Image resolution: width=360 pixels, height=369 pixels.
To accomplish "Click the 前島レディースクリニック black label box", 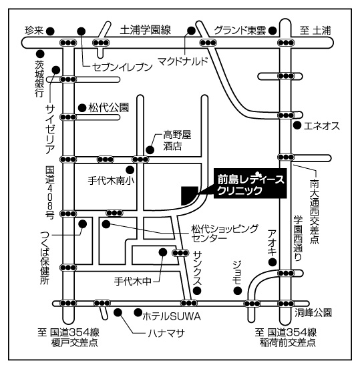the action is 250,183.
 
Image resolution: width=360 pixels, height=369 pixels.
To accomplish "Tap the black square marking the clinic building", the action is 190,195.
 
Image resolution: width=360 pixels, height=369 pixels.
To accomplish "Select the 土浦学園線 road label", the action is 146,30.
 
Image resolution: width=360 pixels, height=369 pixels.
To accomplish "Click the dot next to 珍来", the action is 50,31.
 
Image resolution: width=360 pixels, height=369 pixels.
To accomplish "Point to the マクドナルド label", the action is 183,61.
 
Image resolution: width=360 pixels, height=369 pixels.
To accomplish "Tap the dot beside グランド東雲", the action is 273,30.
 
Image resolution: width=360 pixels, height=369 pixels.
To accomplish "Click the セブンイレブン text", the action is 122,67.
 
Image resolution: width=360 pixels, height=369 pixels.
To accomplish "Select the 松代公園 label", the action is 109,108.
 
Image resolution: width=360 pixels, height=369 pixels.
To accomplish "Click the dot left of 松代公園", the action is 82,108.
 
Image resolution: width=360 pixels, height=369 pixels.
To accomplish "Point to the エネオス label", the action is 322,126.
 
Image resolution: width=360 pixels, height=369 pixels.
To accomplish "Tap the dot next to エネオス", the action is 297,125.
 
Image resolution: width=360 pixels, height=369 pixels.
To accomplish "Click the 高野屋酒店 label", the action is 177,141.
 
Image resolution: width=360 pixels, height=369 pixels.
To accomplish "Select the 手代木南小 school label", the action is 111,181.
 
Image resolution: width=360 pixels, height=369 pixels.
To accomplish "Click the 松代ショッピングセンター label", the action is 225,234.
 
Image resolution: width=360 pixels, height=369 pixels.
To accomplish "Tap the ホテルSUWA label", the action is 172,316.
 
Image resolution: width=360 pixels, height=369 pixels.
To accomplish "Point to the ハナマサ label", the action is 166,333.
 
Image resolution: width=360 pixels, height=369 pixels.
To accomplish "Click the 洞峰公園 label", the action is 313,313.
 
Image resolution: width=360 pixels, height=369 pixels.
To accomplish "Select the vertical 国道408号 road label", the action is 50,192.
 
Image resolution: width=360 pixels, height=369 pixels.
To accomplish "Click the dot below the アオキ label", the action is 273,262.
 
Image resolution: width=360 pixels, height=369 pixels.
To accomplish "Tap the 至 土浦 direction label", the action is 315,31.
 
